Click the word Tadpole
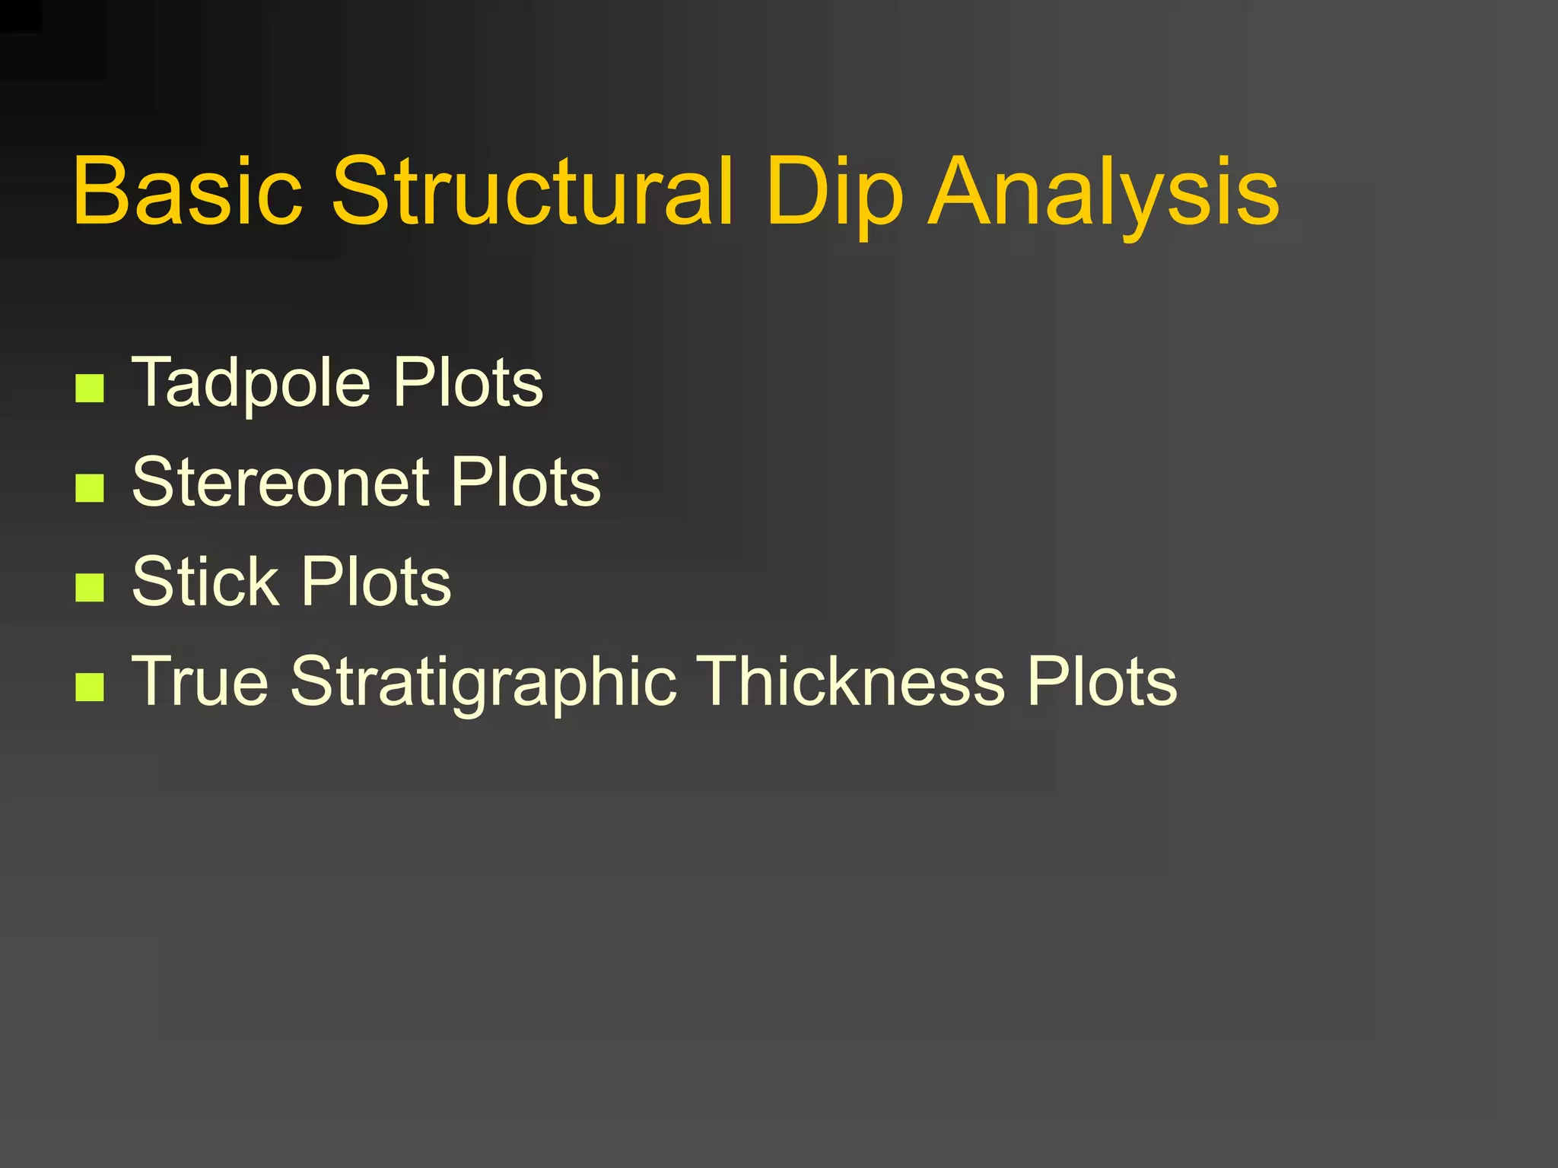(252, 383)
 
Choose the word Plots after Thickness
(1102, 681)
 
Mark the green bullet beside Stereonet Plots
(90, 488)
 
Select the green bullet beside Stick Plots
(90, 588)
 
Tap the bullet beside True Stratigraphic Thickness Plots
(90, 687)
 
